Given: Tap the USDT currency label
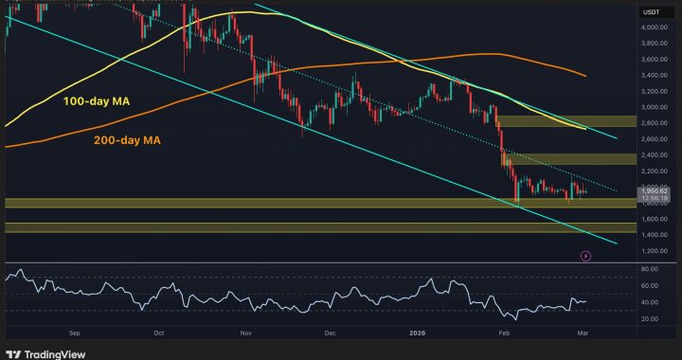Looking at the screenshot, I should [x=651, y=11].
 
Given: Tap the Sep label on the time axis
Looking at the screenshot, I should [x=76, y=333].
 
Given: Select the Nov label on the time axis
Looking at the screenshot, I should [x=245, y=333].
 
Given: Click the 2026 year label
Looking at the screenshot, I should [x=417, y=333].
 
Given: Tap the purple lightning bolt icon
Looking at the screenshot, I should [x=585, y=255].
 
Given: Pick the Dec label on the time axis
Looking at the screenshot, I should [x=330, y=333].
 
